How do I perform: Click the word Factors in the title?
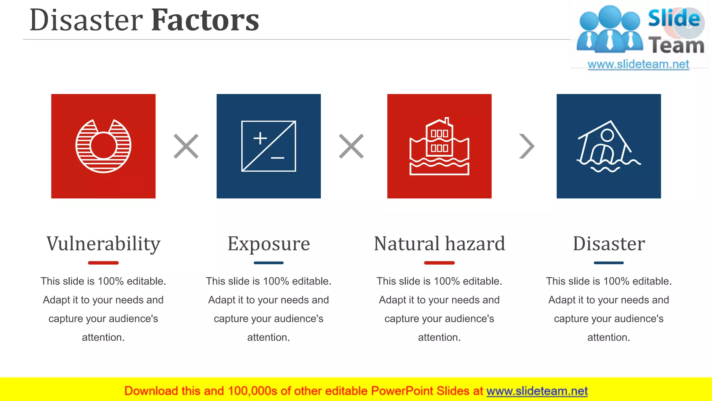[x=205, y=20]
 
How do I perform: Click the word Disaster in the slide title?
[x=86, y=20]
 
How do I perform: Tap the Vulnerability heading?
[x=103, y=243]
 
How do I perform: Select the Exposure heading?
[x=269, y=243]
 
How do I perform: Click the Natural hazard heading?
[x=439, y=243]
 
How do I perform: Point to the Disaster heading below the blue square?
[x=609, y=243]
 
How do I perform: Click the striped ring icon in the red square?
[x=103, y=146]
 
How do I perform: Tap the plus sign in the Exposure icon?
[x=260, y=138]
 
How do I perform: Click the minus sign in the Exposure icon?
[x=277, y=158]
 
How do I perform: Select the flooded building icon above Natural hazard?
[x=439, y=146]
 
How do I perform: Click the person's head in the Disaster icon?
[x=607, y=135]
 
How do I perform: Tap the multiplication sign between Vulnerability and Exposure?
[x=186, y=146]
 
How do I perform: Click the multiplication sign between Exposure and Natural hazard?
[x=351, y=146]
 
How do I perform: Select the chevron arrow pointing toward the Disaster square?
[x=526, y=146]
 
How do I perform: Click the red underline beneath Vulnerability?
[x=103, y=263]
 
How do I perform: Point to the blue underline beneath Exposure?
[x=269, y=263]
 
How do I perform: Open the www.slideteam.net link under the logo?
[x=638, y=64]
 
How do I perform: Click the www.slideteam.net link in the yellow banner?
[x=537, y=391]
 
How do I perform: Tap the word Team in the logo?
[x=676, y=46]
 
